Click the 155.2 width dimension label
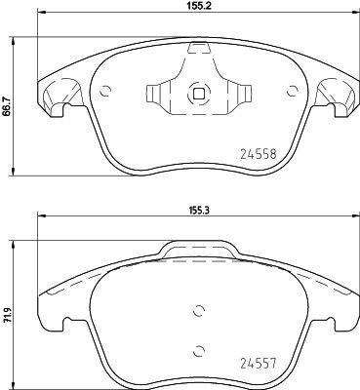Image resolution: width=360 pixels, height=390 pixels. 199,5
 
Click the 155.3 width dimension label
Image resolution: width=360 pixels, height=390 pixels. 199,210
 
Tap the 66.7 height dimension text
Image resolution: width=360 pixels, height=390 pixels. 5,106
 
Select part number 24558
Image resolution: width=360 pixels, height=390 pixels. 259,153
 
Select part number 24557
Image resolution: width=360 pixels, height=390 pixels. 259,363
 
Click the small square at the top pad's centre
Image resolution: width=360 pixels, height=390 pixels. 198,94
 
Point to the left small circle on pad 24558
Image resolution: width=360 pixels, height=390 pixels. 105,91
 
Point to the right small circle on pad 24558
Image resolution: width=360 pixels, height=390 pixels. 293,91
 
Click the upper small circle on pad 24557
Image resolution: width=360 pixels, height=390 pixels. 198,311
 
